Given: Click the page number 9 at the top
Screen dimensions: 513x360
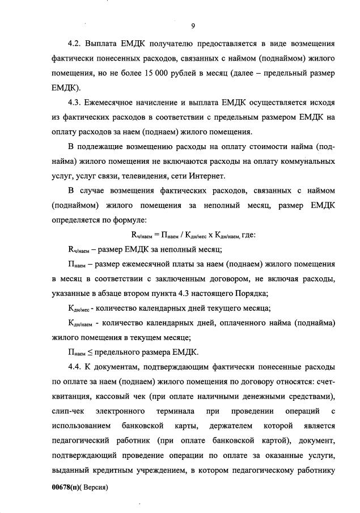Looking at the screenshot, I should click(193, 26).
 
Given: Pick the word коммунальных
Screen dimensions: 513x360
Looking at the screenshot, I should click(307, 161).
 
